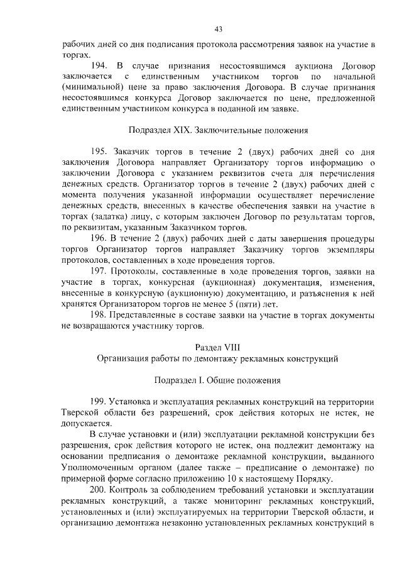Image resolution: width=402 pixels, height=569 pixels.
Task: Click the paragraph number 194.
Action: (100, 65)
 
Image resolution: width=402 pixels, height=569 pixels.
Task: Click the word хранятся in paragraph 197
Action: (80, 304)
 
